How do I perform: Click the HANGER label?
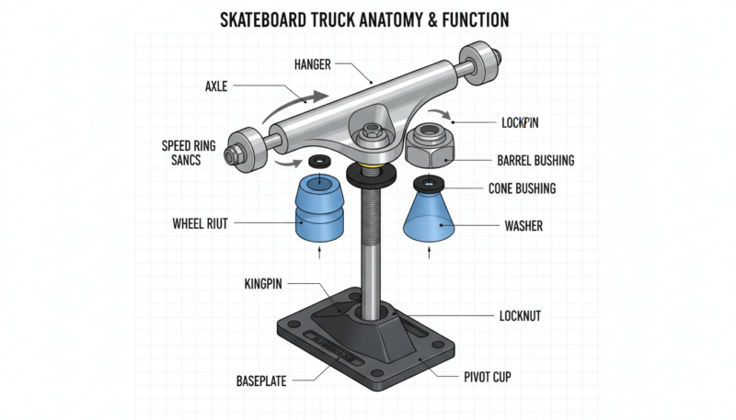(x=312, y=64)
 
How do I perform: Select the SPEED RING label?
(x=190, y=145)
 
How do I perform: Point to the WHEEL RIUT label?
(x=200, y=222)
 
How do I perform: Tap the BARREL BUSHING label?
(x=535, y=160)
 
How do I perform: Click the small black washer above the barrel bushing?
(x=320, y=163)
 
